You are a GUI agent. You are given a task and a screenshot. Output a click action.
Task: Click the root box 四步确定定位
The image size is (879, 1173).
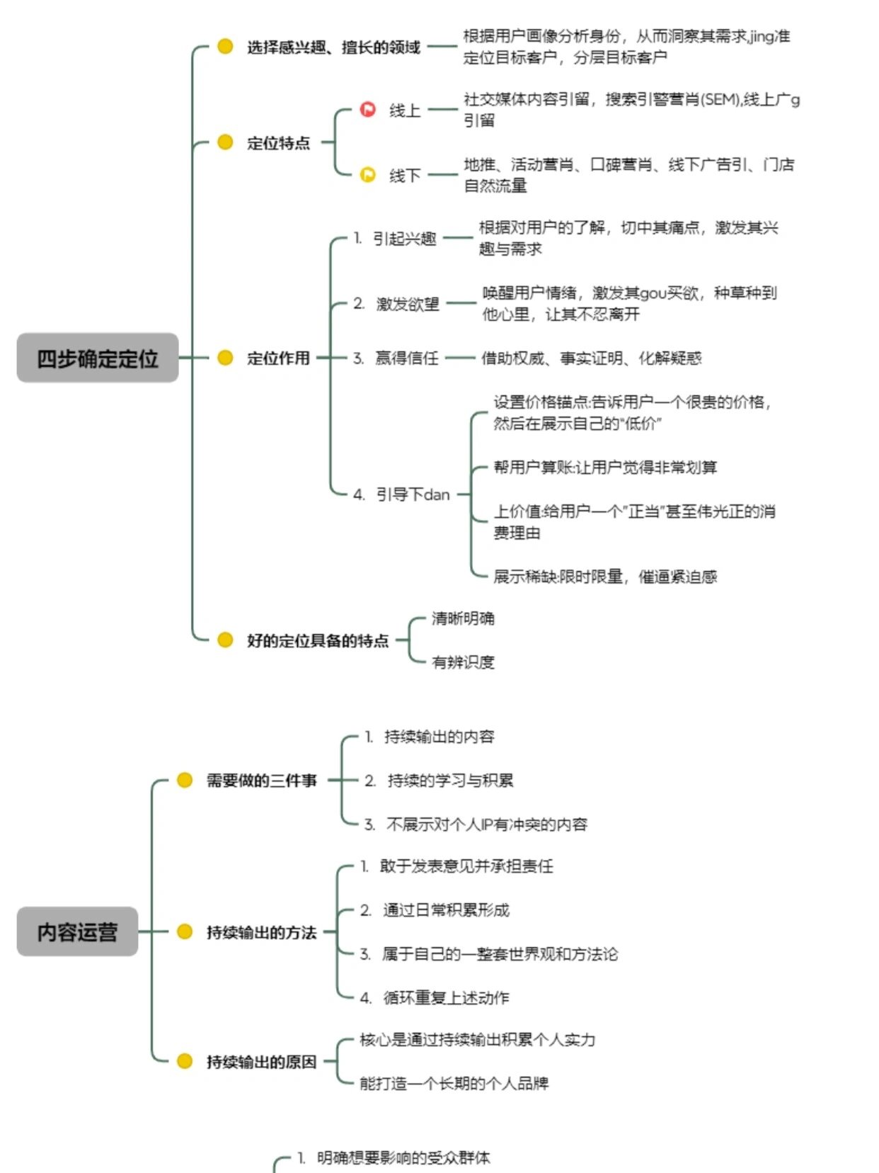[98, 358]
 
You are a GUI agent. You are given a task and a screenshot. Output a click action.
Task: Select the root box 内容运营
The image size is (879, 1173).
[77, 931]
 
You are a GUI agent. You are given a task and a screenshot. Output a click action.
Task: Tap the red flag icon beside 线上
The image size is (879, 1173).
[368, 110]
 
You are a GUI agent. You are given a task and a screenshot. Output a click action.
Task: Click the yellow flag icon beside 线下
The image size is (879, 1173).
[368, 174]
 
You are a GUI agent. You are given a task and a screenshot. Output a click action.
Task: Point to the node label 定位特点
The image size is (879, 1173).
[278, 143]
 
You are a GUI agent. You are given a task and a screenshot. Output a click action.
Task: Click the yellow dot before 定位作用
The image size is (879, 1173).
[225, 358]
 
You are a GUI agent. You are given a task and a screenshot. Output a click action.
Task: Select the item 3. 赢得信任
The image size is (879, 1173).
[396, 358]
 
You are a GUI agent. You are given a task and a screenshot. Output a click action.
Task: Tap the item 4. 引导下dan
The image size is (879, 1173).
[402, 494]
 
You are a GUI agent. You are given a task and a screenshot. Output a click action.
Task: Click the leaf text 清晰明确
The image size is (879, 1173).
[463, 618]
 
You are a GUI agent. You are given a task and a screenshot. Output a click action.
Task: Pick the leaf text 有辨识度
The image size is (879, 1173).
[463, 662]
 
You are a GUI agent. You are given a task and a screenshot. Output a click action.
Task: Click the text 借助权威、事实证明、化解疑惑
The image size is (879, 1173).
[591, 358]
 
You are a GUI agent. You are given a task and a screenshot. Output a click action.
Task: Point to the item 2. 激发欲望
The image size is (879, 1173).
[397, 304]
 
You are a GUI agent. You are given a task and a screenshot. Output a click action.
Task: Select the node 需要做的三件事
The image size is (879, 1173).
[261, 781]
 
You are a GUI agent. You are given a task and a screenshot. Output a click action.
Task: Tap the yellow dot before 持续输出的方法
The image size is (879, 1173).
[185, 931]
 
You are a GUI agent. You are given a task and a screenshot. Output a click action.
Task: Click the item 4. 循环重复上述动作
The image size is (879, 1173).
[435, 997]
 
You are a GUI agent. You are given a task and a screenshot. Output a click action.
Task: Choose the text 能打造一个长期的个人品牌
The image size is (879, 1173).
[454, 1083]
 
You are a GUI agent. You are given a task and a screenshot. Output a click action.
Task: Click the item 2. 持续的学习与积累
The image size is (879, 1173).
[439, 781]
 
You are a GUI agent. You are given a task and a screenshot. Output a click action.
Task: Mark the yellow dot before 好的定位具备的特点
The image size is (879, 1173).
[225, 640]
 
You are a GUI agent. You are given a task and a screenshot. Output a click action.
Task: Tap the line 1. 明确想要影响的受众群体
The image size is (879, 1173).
[393, 1158]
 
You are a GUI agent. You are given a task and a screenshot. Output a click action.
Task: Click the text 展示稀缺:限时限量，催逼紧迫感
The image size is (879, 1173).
[605, 577]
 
